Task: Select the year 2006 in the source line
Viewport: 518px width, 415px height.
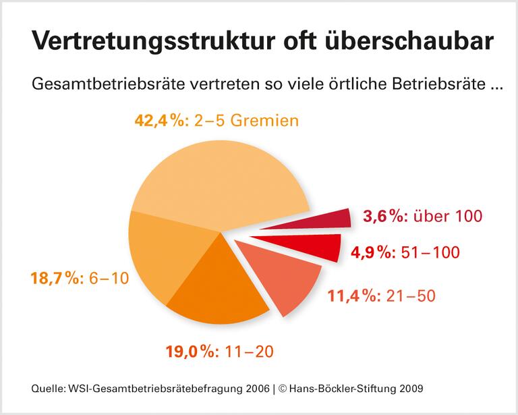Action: pos(254,389)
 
